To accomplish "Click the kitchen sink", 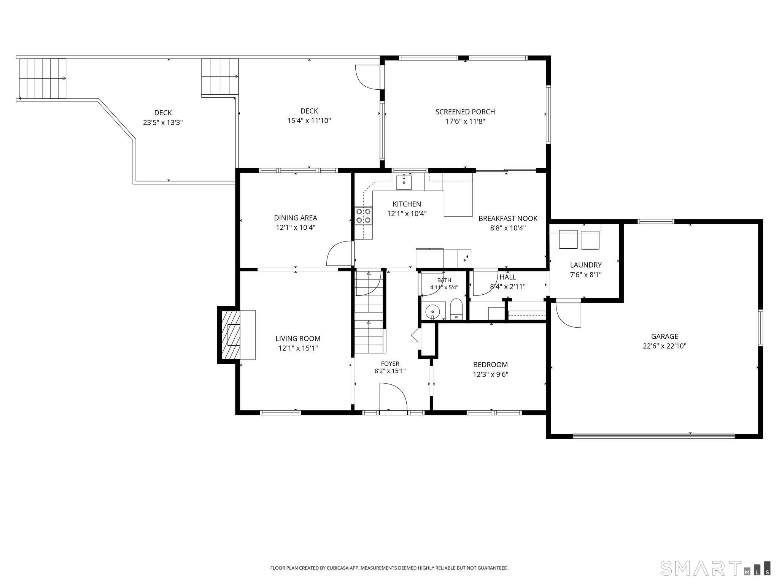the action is click(x=404, y=182).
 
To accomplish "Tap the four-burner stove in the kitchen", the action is click(x=364, y=216).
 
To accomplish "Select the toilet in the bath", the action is click(x=456, y=309).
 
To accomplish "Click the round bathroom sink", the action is click(x=433, y=312).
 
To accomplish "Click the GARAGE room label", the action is click(x=665, y=336).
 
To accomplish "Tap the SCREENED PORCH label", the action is click(x=465, y=112).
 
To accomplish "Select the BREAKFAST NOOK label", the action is click(x=508, y=218).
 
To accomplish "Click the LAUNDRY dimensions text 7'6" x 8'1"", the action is click(x=586, y=275).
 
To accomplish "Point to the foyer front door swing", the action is click(x=393, y=397).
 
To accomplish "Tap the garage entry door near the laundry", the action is click(x=569, y=313).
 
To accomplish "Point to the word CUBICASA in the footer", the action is click(x=337, y=568).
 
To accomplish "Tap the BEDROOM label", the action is click(x=490, y=365).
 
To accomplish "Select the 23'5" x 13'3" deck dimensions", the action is click(x=163, y=123).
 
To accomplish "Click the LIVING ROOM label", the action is click(x=298, y=338).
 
